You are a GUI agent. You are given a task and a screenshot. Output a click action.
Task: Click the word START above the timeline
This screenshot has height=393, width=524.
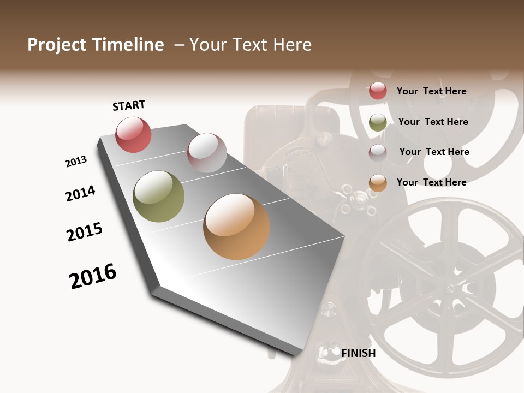tap(129, 105)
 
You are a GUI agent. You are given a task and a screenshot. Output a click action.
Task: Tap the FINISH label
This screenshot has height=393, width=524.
tap(358, 353)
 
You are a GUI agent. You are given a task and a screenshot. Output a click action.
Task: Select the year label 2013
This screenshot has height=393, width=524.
tap(76, 162)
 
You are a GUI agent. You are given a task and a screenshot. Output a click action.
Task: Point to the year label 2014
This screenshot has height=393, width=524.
tap(80, 193)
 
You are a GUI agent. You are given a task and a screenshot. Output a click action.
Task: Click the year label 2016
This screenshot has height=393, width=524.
tap(93, 276)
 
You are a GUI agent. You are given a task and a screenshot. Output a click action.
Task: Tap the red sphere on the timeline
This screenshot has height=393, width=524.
tap(133, 134)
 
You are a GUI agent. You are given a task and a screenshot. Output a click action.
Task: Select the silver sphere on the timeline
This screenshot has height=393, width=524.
tap(207, 152)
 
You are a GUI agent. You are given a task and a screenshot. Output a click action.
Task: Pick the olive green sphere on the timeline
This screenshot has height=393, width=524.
tap(158, 196)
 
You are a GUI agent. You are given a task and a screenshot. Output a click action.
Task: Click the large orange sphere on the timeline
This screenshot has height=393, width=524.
tap(236, 227)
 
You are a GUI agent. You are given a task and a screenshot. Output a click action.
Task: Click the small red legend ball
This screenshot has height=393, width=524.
tap(378, 91)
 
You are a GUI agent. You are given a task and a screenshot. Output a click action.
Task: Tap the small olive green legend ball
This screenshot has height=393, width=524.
tap(378, 122)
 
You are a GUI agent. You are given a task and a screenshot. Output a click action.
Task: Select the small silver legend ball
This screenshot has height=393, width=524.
tap(378, 152)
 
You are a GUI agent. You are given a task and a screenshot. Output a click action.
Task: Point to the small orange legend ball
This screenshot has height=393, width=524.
tap(378, 183)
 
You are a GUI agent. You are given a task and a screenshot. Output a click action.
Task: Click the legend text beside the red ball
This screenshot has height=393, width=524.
tap(431, 91)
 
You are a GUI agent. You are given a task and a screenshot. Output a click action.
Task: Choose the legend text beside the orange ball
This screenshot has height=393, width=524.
tap(431, 182)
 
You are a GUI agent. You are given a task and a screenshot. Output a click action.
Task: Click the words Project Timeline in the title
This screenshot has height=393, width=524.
tap(96, 45)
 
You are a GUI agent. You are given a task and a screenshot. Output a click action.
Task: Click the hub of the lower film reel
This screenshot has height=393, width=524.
tap(454, 287)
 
